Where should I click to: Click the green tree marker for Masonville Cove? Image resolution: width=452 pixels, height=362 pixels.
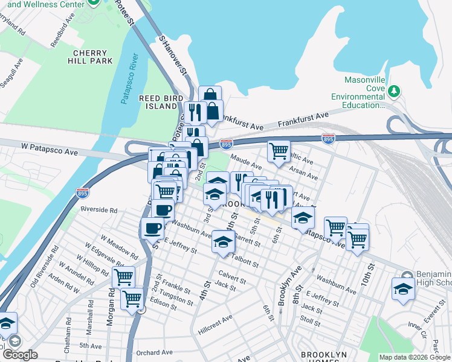tap(394, 91)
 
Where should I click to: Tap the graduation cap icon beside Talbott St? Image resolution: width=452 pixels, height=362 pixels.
tap(223, 241)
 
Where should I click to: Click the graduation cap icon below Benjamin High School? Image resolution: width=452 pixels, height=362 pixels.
tap(403, 288)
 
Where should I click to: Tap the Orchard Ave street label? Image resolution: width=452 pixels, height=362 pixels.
tap(154, 352)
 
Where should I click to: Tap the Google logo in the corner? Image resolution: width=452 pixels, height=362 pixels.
tap(19, 354)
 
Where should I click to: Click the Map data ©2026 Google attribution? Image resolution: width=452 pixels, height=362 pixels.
tap(415, 357)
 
